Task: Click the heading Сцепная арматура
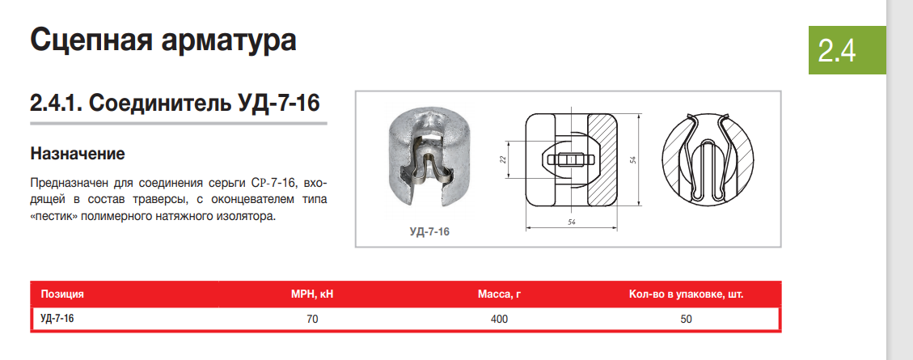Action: (163, 40)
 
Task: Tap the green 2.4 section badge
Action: (847, 51)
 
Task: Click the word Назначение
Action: (78, 154)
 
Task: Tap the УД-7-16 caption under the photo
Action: (429, 231)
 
